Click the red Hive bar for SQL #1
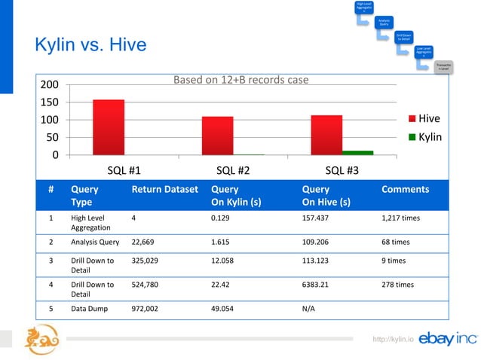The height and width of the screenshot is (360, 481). [x=109, y=127]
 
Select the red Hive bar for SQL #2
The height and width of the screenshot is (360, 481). [x=217, y=136]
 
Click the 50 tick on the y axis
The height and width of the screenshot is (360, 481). [x=52, y=137]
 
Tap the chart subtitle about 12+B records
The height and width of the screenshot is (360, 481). [x=240, y=80]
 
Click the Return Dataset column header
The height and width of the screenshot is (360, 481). [x=164, y=190]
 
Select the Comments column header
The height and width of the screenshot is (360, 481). [x=406, y=190]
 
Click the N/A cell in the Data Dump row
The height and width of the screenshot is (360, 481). [x=308, y=308]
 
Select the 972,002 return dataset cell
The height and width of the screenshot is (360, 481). [x=149, y=308]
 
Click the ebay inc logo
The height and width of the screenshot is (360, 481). [x=447, y=338]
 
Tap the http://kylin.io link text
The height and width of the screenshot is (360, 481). [x=394, y=340]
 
